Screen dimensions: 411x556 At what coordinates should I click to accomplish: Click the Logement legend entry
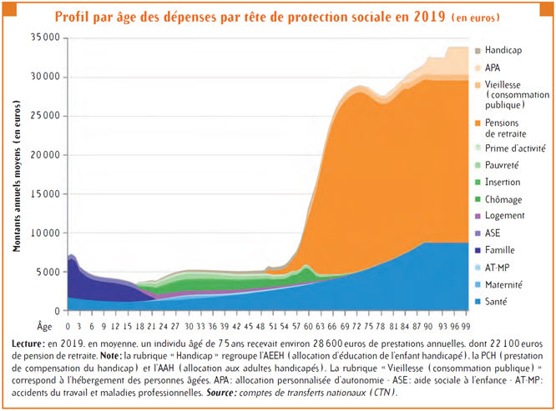pos(504,215)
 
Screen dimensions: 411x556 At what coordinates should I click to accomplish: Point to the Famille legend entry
pos(501,249)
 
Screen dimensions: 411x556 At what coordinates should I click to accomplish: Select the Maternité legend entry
pos(504,283)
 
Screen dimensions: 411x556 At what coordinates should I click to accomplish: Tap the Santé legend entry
pos(498,301)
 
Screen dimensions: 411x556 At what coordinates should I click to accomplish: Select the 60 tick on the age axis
pos(307,327)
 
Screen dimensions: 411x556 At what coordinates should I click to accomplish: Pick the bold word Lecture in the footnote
pos(32,343)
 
